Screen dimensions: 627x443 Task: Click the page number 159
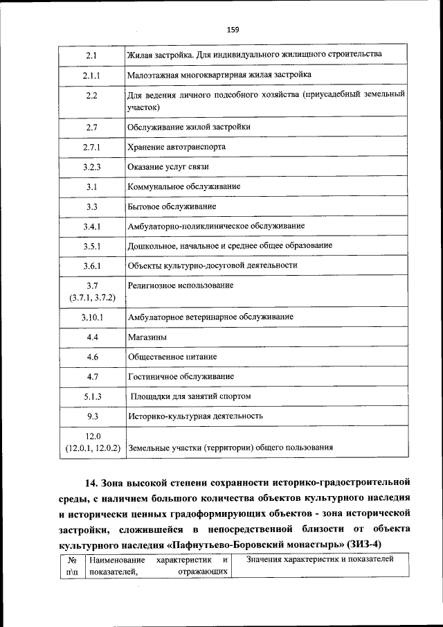[x=232, y=30]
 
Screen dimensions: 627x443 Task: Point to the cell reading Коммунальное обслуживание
[x=184, y=187]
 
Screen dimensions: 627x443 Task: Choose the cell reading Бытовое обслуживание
[x=172, y=206]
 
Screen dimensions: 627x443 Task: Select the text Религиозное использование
[x=181, y=285]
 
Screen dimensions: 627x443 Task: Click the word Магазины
[x=147, y=337]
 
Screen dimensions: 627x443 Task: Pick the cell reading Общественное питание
[x=172, y=357]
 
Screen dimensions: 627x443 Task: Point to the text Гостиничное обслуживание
[x=181, y=376]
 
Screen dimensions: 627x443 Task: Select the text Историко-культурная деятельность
[x=195, y=416]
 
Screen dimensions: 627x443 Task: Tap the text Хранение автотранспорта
[x=177, y=147]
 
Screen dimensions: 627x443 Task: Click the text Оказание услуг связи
[x=168, y=167]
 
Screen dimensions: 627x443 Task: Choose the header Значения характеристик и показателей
[x=320, y=559]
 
